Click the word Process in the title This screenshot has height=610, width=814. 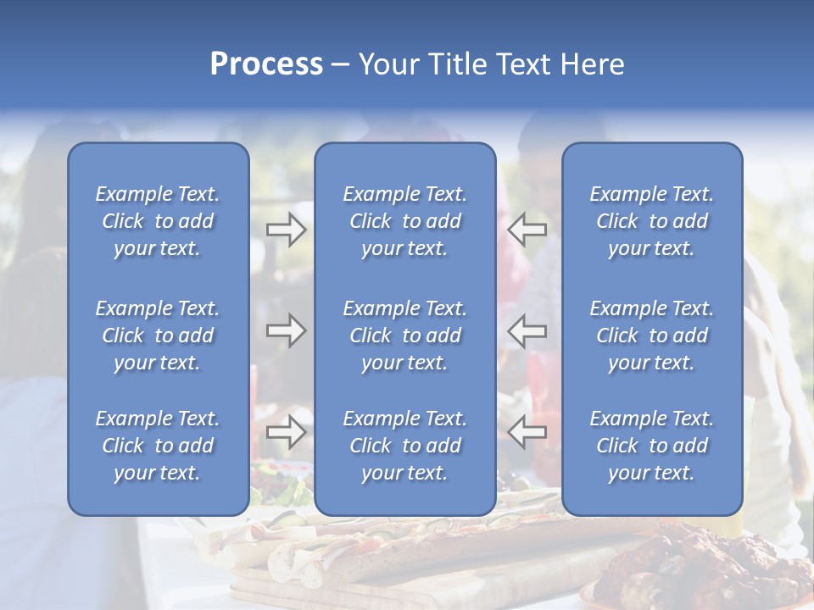click(x=266, y=64)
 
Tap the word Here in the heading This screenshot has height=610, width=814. click(x=591, y=64)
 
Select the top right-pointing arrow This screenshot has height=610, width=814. click(x=287, y=229)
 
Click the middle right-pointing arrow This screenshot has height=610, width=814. click(x=287, y=330)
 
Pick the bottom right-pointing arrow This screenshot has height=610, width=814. click(x=287, y=431)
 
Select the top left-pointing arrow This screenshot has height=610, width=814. click(x=527, y=229)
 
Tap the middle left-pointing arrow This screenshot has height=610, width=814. click(x=527, y=330)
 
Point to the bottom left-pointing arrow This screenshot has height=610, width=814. click(x=527, y=431)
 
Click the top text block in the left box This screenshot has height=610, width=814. click(x=158, y=221)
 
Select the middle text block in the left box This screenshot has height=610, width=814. click(x=158, y=335)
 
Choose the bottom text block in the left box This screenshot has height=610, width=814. click(x=158, y=446)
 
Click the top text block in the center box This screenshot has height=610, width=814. click(x=405, y=221)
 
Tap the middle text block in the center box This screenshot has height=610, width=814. click(x=405, y=335)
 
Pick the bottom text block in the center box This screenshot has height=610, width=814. click(x=405, y=446)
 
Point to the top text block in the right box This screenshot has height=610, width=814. click(x=652, y=221)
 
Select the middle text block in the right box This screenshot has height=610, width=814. click(x=652, y=335)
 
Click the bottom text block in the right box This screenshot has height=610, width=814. click(x=652, y=446)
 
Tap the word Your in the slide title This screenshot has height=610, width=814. click(x=387, y=64)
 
